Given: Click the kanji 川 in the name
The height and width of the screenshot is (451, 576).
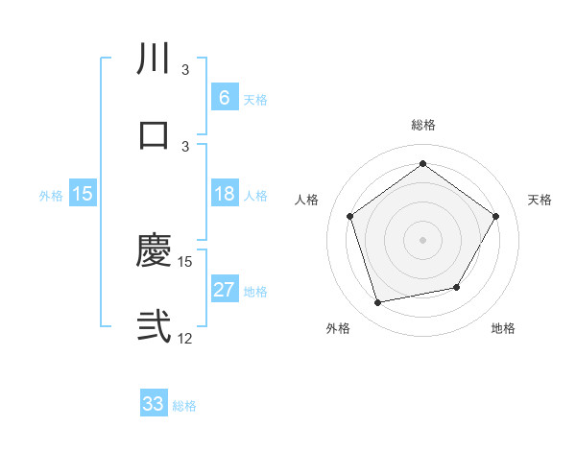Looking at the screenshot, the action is pyautogui.click(x=154, y=59).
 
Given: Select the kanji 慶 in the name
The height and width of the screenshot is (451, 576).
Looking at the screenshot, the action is pyautogui.click(x=154, y=251).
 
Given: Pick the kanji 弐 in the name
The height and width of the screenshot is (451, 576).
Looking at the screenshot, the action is pyautogui.click(x=154, y=326).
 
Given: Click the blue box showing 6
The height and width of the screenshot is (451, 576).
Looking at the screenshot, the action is pyautogui.click(x=224, y=97).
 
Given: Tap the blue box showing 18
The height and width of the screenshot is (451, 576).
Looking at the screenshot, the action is pyautogui.click(x=224, y=194).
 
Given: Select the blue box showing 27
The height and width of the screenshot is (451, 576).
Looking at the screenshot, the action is pyautogui.click(x=224, y=290).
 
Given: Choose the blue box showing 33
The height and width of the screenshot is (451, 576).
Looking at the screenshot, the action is pyautogui.click(x=154, y=404).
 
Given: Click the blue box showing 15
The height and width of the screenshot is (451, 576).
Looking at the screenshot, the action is pyautogui.click(x=83, y=194).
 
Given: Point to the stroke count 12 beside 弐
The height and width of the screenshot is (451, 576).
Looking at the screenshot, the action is pyautogui.click(x=185, y=339).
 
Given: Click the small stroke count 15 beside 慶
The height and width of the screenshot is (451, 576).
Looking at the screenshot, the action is pyautogui.click(x=185, y=261).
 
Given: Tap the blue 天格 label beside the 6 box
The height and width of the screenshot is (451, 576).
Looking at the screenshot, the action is pyautogui.click(x=255, y=99).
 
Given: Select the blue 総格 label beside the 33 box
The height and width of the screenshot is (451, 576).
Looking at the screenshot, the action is pyautogui.click(x=185, y=406).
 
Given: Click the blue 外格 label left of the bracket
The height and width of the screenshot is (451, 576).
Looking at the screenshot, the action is pyautogui.click(x=51, y=195).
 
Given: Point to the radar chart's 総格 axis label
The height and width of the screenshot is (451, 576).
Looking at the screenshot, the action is pyautogui.click(x=422, y=125).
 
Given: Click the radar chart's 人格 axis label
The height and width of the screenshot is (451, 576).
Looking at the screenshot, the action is pyautogui.click(x=307, y=200).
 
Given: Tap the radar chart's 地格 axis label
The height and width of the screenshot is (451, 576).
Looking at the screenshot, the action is pyautogui.click(x=503, y=328).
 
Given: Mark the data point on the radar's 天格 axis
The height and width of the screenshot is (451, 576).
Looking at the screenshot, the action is pyautogui.click(x=495, y=216).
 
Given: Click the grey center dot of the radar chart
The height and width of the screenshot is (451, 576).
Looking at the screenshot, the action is pyautogui.click(x=422, y=240).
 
